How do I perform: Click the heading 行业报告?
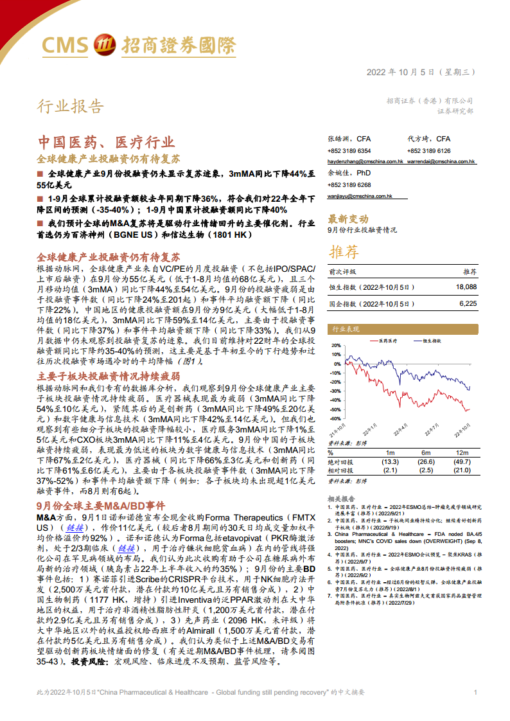pos(69,106)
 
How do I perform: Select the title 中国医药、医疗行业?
pos(105,142)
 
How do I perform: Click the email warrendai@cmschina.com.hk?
pos(441,162)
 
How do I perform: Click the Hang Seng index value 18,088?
pos(466,287)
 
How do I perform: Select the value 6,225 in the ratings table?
pos(468,303)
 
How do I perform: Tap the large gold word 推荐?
pos(344,251)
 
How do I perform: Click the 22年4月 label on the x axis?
pos(400,429)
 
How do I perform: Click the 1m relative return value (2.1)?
pos(389,471)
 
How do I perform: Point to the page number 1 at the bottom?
pos(475,692)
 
